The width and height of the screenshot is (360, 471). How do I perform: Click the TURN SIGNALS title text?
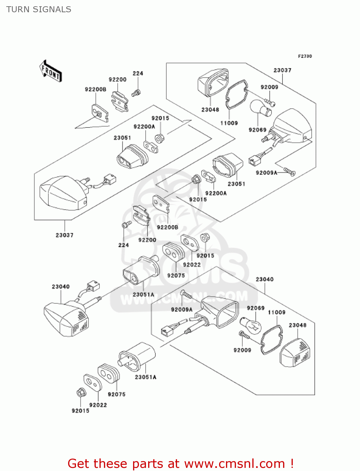point(39,9)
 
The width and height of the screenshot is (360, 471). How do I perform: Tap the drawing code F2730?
point(305,56)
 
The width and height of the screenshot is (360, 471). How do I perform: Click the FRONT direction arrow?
point(51,72)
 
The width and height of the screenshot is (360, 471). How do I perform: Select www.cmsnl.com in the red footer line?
point(234,463)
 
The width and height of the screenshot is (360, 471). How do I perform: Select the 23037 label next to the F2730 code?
point(282,70)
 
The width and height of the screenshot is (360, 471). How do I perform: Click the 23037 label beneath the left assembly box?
point(64,235)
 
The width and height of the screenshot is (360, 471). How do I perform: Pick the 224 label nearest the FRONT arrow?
point(138,73)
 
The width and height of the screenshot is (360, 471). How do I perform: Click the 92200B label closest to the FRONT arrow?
point(95,89)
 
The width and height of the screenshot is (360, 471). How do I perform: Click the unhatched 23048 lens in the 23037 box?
point(212,83)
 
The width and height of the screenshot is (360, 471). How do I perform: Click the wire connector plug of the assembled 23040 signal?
point(93,286)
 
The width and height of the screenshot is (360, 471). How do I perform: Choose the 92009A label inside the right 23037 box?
point(266,173)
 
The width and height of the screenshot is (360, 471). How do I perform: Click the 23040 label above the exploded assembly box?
point(264,279)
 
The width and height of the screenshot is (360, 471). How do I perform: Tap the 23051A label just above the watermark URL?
point(143,295)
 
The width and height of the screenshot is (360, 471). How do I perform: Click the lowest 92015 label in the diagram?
point(80,411)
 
